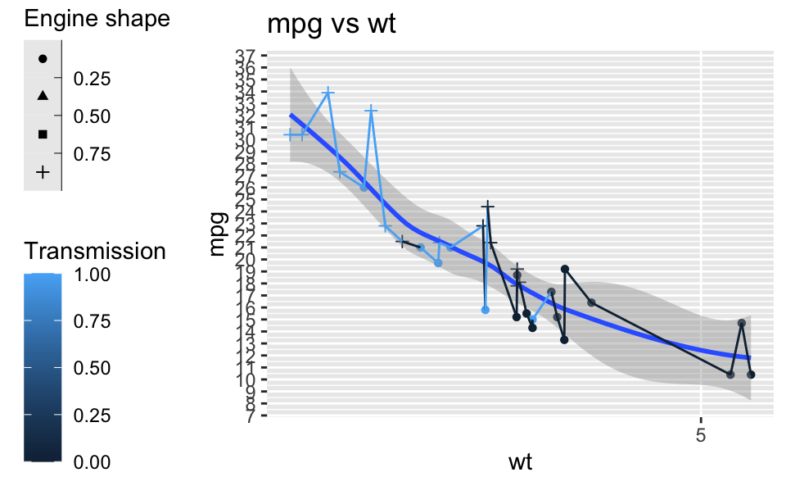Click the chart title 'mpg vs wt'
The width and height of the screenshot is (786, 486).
coord(332,25)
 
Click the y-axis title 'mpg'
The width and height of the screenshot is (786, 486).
coord(217,236)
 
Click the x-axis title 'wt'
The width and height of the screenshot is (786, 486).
coord(520,462)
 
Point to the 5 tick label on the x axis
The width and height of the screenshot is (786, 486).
coord(701,434)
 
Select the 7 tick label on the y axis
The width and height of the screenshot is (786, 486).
coord(249,416)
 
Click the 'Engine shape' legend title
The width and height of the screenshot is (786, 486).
coord(97,20)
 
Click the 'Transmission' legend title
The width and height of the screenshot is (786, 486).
coord(96,251)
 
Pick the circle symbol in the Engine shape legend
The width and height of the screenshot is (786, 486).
coord(43,58)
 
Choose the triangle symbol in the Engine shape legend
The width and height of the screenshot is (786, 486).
coord(43,96)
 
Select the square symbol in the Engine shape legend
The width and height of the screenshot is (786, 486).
coord(43,134)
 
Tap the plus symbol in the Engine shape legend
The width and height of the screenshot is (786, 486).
coord(43,172)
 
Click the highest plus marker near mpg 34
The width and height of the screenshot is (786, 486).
coord(328,93)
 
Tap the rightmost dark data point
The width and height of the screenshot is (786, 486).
coord(751,375)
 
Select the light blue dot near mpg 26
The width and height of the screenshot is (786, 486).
coord(364,187)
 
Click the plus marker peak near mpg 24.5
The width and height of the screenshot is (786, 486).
coord(488,206)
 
